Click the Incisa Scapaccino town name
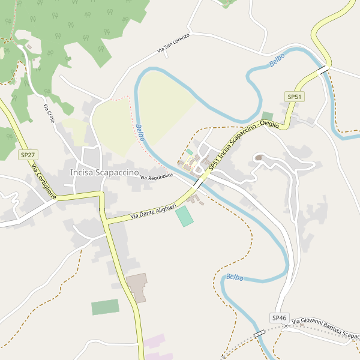click(x=105, y=172)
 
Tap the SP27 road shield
click(x=26, y=155)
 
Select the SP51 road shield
click(x=293, y=97)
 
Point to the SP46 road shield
click(x=280, y=317)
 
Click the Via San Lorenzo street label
click(x=173, y=44)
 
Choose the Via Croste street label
click(x=49, y=114)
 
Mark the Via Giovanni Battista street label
click(x=325, y=328)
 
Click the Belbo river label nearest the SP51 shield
click(x=277, y=59)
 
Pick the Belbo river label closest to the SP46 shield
click(x=235, y=277)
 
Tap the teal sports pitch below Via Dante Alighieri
click(x=185, y=216)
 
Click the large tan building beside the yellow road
click(x=137, y=287)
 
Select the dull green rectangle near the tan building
click(x=105, y=307)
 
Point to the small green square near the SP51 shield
click(x=267, y=116)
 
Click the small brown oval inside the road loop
click(x=259, y=158)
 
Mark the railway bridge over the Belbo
click(x=259, y=334)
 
